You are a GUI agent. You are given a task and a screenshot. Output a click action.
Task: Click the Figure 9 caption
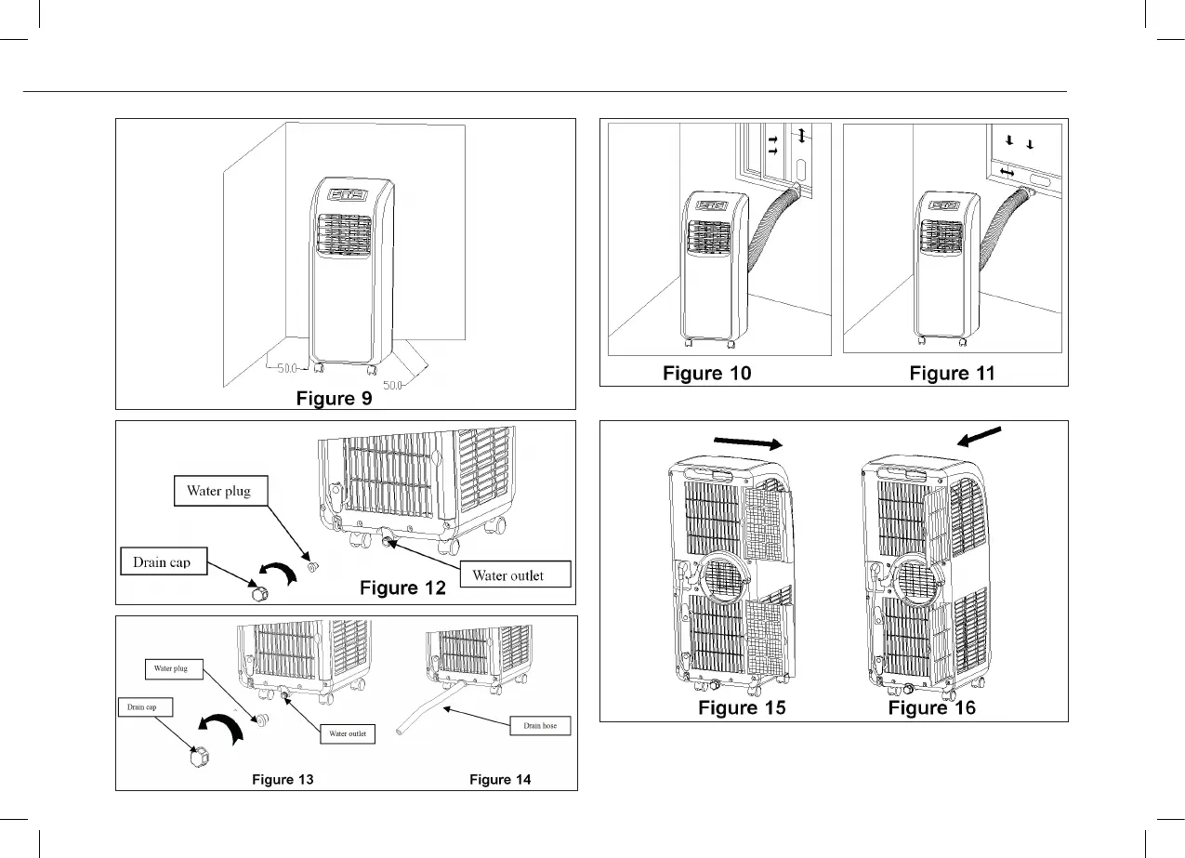coord(335,399)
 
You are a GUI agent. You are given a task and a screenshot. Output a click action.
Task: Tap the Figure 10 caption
coord(706,374)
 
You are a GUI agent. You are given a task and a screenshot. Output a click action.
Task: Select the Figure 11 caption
coord(952,374)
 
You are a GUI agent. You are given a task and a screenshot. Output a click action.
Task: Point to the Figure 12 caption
coord(402,587)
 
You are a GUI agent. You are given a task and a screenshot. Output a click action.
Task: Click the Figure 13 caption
coord(283,780)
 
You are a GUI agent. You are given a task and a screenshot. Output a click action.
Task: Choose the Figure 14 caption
coord(500,780)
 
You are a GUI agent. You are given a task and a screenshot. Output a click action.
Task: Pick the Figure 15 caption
coord(742,708)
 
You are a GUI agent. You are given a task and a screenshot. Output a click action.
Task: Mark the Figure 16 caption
coord(932,708)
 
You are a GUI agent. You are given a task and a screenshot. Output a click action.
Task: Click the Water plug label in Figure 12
coord(219,491)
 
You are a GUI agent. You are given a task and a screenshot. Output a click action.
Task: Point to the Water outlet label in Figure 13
coord(348,733)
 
